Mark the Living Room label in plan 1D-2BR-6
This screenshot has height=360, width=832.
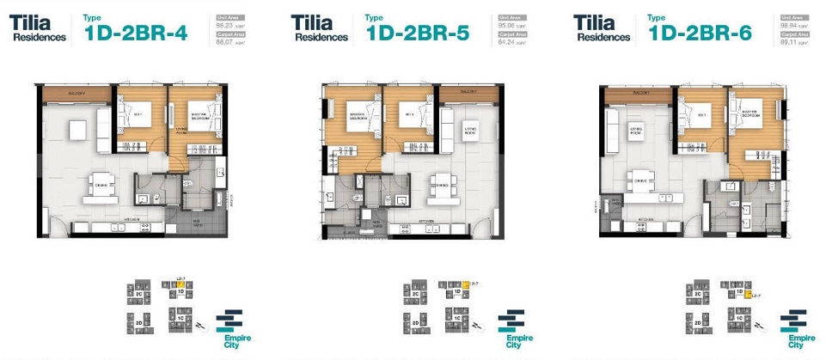636,131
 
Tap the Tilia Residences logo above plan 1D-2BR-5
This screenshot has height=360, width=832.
320,28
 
